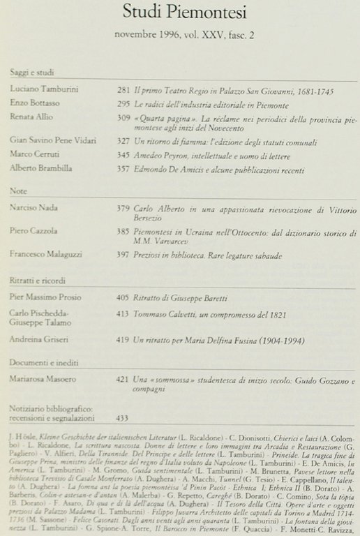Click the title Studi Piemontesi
tap(180, 12)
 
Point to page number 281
tap(123, 92)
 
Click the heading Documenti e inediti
tap(44, 364)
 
